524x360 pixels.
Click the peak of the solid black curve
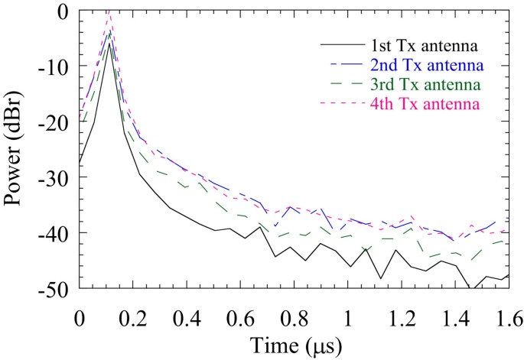111,44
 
